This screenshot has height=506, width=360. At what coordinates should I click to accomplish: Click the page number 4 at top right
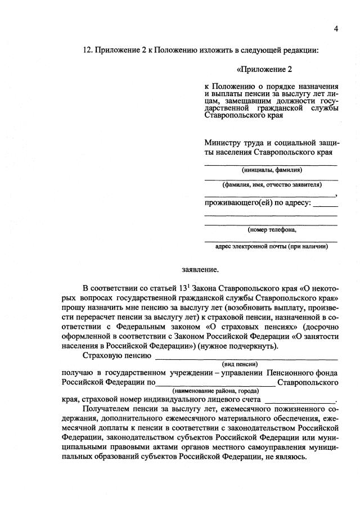point(336,29)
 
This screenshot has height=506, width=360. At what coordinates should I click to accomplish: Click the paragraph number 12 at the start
point(87,50)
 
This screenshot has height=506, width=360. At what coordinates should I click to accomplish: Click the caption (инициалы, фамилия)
point(272,170)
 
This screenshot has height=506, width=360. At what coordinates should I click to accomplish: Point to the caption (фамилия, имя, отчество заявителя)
point(272,184)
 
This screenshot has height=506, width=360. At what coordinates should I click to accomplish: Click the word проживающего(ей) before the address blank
point(236,202)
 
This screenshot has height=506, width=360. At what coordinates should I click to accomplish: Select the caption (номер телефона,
point(272,229)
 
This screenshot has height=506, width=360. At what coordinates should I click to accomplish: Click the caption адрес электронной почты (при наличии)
point(272,246)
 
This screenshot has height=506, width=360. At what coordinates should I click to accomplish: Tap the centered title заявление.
point(200,269)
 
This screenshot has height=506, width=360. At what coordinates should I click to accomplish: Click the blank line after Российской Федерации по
point(215,382)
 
